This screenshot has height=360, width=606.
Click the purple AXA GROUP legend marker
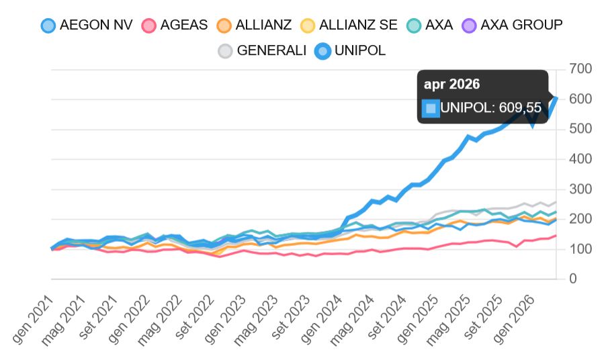tap(469, 26)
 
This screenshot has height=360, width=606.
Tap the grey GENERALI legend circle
tap(225, 51)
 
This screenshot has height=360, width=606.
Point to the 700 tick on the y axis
tap(580, 69)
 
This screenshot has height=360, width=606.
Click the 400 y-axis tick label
tap(580, 159)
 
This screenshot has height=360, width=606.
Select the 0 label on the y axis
tap(572, 279)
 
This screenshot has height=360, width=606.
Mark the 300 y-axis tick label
tap(580, 189)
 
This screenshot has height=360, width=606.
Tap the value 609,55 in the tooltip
tap(519, 107)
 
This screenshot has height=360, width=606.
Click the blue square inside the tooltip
tap(430, 107)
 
